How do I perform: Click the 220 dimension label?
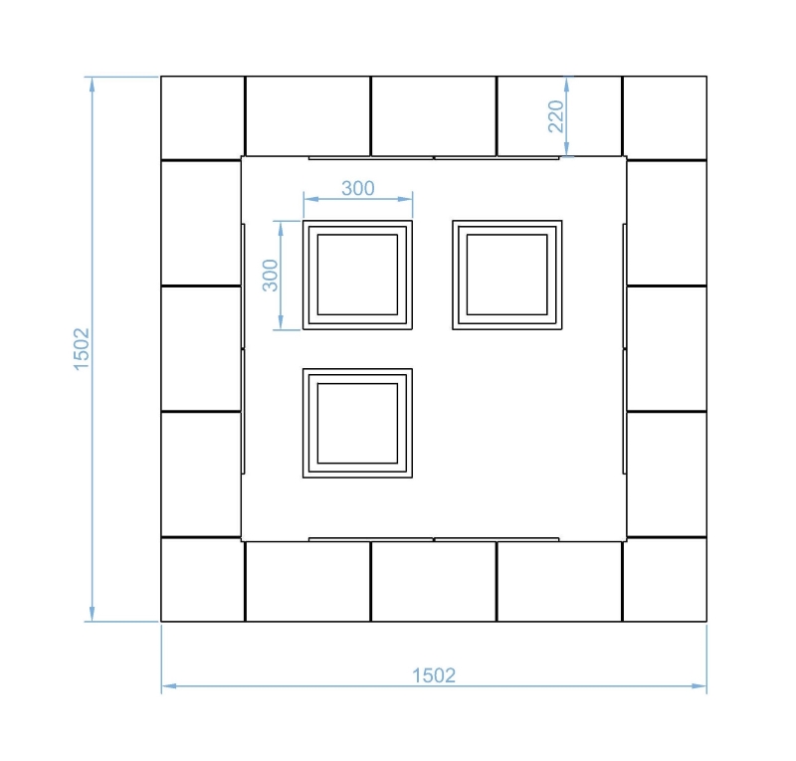click(x=556, y=116)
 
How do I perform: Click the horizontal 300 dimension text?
click(x=358, y=188)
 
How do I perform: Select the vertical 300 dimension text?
click(x=270, y=276)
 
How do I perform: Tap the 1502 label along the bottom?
click(x=434, y=675)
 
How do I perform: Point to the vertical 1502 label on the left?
click(x=82, y=349)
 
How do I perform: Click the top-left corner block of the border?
click(x=203, y=117)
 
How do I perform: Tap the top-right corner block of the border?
click(x=665, y=117)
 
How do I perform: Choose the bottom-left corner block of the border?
click(x=203, y=579)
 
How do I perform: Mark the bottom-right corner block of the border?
click(x=665, y=579)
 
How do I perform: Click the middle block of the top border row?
click(x=434, y=116)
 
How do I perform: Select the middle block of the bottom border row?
click(x=434, y=581)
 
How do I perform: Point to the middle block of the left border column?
click(x=201, y=349)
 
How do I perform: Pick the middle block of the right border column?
click(x=667, y=349)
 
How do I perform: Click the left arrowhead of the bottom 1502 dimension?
click(x=168, y=685)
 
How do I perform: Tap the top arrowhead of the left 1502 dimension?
click(x=92, y=84)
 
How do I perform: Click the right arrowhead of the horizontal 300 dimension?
click(x=406, y=199)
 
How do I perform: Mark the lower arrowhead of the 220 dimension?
click(x=566, y=149)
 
